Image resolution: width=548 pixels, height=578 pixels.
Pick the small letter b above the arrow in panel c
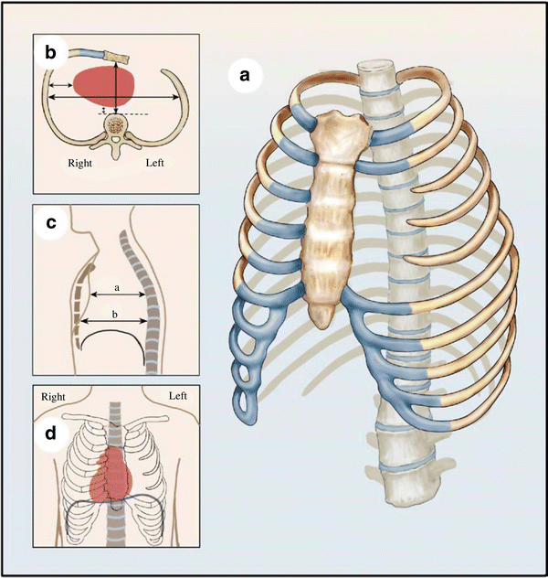pyautogui.click(x=113, y=314)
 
